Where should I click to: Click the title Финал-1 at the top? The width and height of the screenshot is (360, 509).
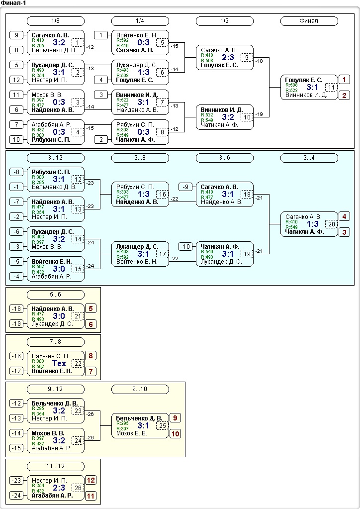[x=13, y=3]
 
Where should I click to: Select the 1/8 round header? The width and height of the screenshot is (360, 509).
[x=56, y=21]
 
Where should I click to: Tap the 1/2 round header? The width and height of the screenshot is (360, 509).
[x=224, y=21]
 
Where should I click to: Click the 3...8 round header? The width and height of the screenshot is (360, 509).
[x=140, y=158]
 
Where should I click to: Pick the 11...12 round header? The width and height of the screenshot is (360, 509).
[x=56, y=467]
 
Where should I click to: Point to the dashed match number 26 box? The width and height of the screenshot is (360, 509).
[x=78, y=488]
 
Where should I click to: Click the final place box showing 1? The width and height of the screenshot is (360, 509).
[x=344, y=80]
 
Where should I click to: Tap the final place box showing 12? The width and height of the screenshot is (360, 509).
[x=91, y=480]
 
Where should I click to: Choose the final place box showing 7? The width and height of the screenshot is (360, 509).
[x=91, y=372]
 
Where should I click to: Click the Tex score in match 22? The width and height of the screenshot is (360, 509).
[x=59, y=364]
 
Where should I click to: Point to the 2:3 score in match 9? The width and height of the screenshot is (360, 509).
[x=228, y=57]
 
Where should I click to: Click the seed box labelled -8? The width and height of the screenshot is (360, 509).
[x=16, y=172]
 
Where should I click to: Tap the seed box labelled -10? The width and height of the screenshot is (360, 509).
[x=185, y=247]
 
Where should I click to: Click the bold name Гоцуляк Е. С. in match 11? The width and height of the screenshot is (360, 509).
[x=304, y=80]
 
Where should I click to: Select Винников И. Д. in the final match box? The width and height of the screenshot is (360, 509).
[x=306, y=96]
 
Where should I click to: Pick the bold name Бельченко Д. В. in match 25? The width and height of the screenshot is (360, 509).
[x=139, y=418]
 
